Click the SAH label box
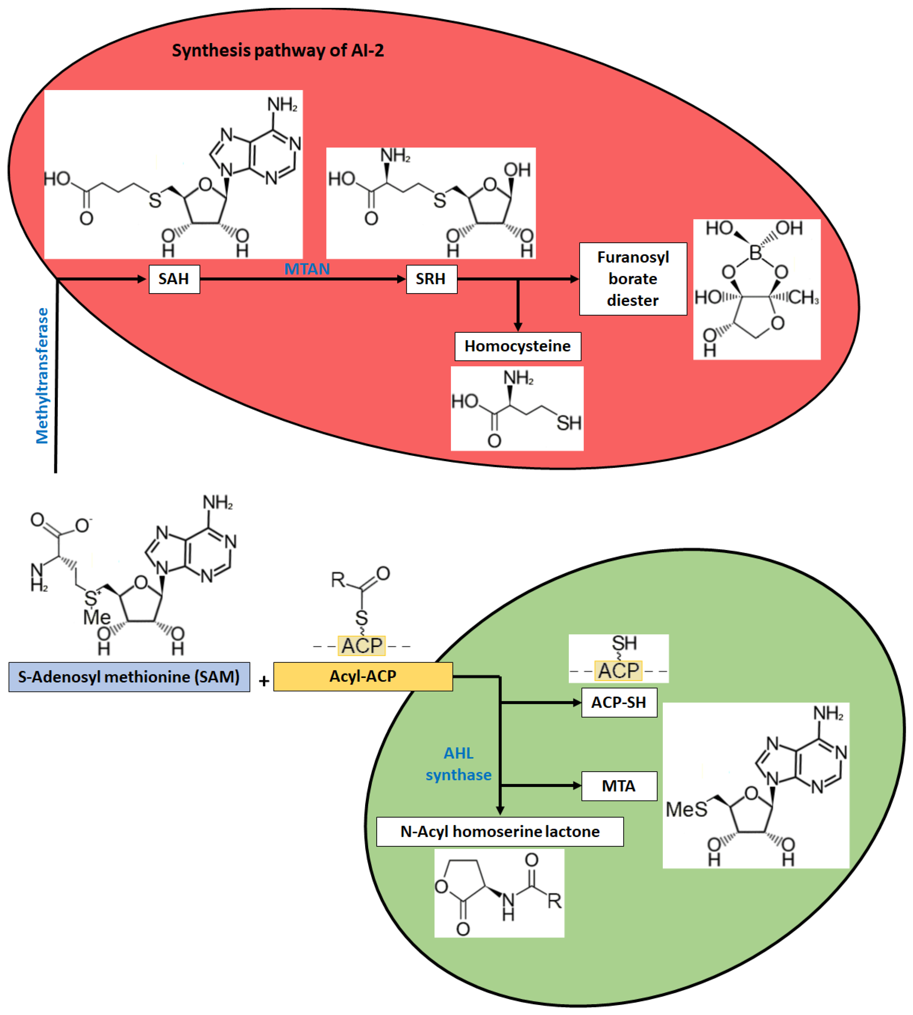(x=174, y=279)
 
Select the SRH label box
(x=431, y=279)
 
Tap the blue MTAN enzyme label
(x=307, y=269)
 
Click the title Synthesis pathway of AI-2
(x=278, y=50)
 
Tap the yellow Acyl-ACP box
(x=363, y=676)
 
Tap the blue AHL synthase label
(x=459, y=764)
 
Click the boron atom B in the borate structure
(x=755, y=253)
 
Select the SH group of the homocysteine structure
(x=569, y=423)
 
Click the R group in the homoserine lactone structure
(x=554, y=901)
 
